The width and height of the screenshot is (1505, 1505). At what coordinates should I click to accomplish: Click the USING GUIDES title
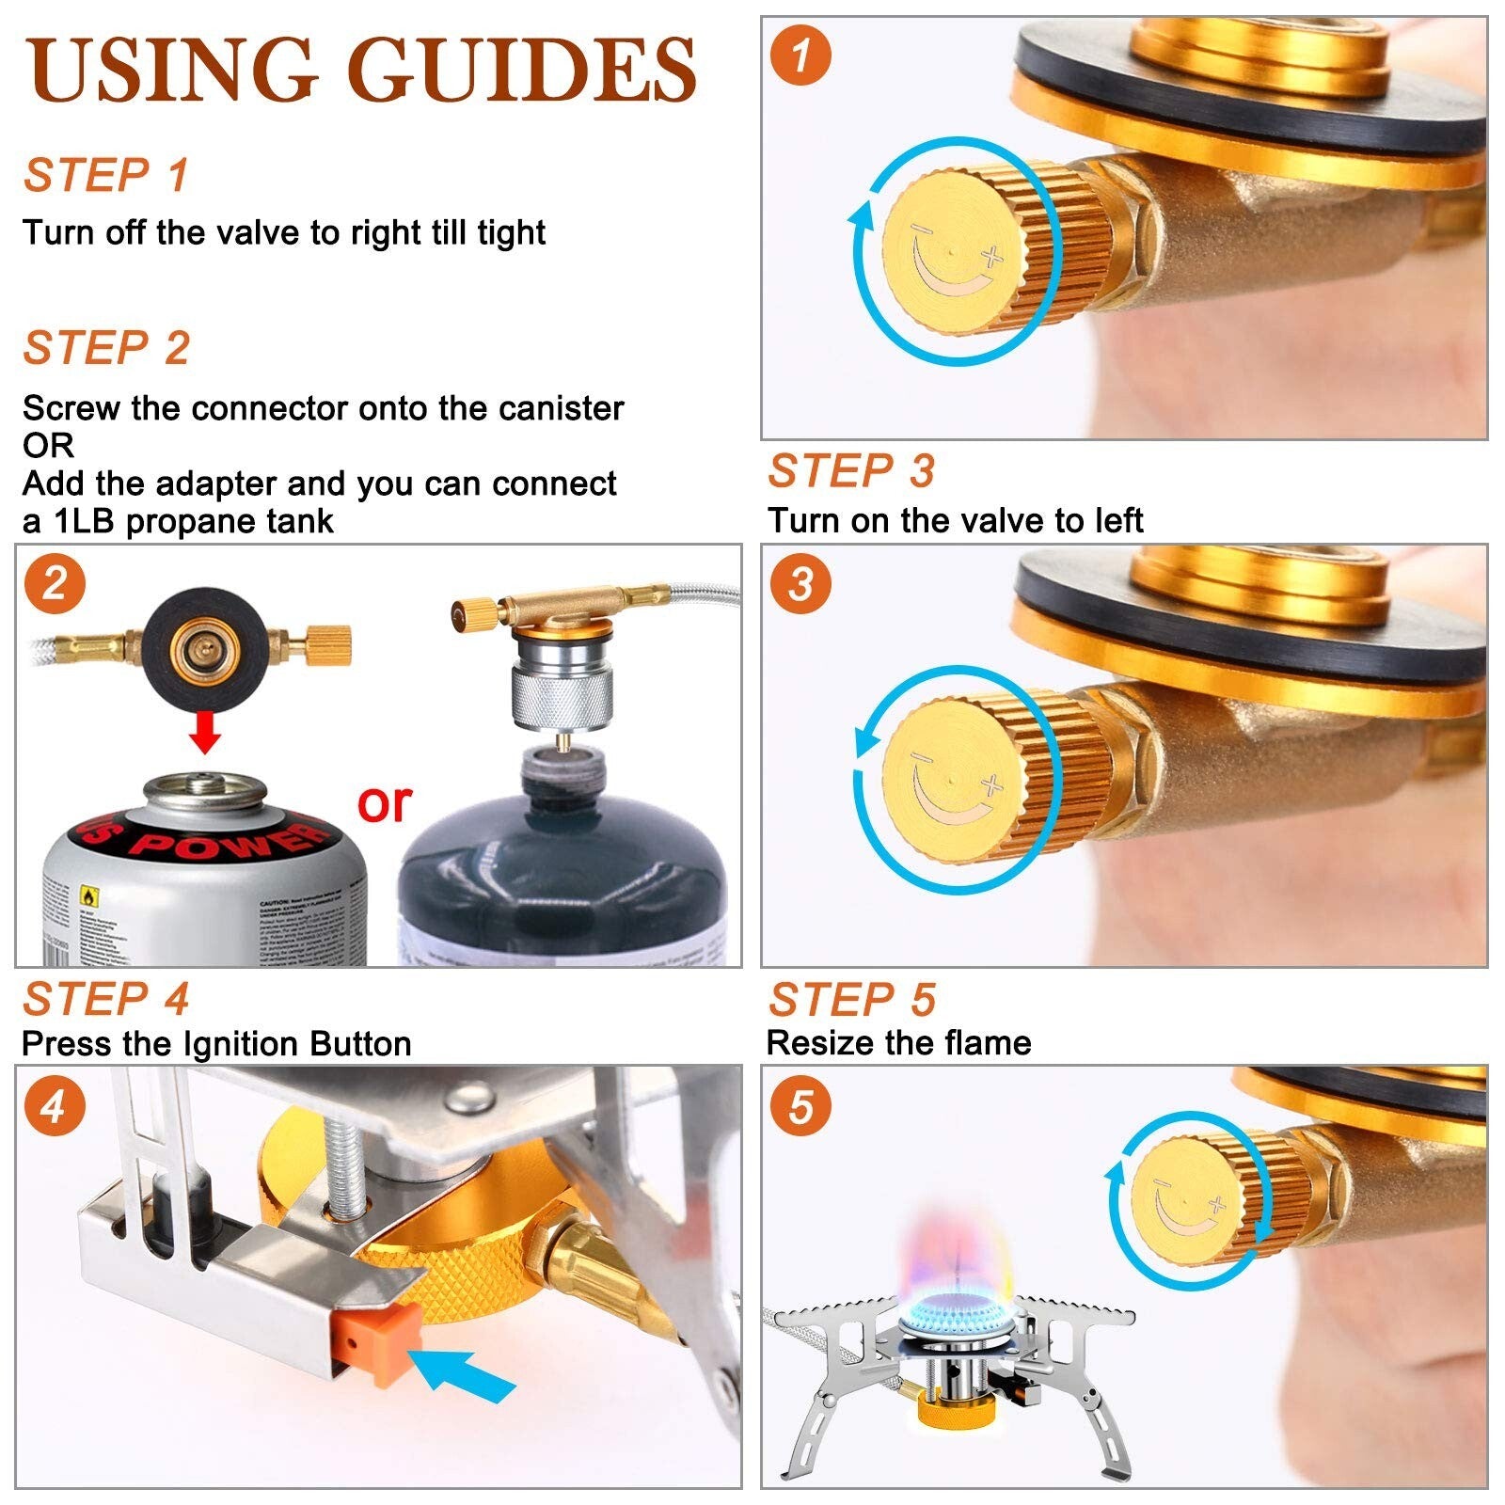(362, 71)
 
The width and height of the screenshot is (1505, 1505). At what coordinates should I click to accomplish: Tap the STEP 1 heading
(105, 176)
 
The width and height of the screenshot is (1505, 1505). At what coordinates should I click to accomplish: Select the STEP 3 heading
(850, 471)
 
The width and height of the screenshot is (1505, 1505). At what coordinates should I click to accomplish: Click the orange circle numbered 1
(800, 56)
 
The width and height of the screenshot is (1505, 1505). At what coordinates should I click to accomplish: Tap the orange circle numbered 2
(55, 584)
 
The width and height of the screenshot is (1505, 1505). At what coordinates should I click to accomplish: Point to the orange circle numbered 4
(55, 1105)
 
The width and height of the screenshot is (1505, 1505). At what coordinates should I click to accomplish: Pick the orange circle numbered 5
(800, 1105)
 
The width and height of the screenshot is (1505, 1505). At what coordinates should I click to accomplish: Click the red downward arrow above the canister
(204, 731)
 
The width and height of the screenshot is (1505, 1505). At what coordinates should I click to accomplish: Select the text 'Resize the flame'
(898, 1043)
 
